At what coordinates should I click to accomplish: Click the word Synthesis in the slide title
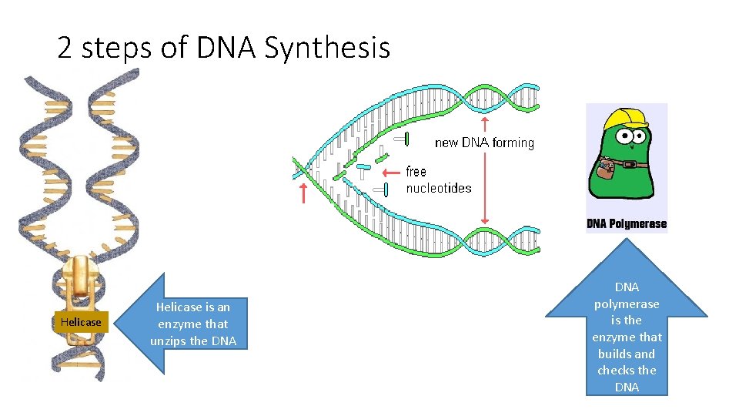[327, 48]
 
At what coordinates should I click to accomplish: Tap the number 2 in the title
[65, 48]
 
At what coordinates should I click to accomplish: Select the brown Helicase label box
[81, 322]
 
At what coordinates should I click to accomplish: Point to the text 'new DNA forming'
[484, 143]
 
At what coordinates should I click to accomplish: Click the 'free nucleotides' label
[438, 179]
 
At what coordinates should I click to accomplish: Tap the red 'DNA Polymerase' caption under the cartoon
[627, 224]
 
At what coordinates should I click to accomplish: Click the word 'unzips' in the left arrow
[169, 341]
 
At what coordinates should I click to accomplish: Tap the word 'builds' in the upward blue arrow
[614, 354]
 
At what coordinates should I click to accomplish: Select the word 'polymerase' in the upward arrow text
[627, 304]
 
